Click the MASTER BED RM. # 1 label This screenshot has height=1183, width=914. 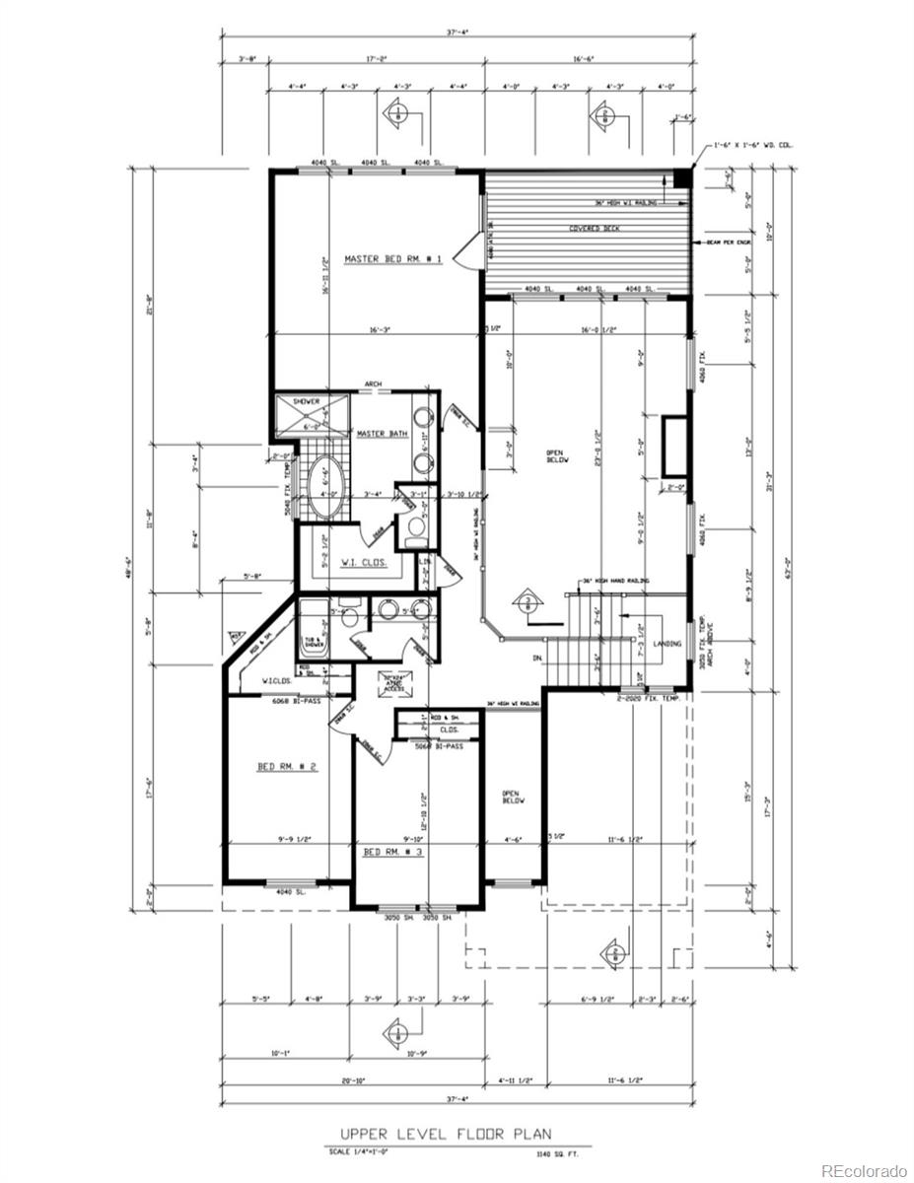pos(392,259)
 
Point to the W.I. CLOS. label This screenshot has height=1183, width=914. pos(364,564)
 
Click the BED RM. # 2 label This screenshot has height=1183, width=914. pos(287,766)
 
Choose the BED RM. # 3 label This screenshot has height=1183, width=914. pos(392,851)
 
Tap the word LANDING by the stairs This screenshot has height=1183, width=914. pos(667,643)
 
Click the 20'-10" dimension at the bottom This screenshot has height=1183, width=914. pos(353,1080)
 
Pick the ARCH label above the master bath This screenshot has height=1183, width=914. pos(373,384)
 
